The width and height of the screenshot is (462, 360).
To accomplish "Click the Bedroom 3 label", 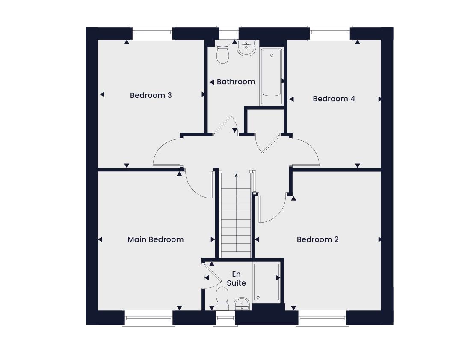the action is pos(151,95).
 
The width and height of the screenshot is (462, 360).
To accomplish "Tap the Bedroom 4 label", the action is pos(334,99).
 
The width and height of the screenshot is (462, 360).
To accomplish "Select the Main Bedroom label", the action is pos(156,239).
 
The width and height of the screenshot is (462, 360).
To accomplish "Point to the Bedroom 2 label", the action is pos(317,239).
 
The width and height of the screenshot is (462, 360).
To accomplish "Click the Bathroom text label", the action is pos(236,82).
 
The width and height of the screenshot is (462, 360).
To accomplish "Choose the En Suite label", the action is pos(236,278).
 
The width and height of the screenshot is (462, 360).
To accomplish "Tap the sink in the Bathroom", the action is pos(247,48).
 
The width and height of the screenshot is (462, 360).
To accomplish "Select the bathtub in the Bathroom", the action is pos(271,77).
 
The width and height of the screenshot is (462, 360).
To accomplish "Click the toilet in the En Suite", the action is pos(222,298).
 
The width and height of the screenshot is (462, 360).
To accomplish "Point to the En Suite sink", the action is pos(242,304).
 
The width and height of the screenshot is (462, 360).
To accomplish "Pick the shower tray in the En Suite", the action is pos(267,282).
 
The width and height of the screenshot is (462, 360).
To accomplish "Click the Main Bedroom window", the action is pos(148,318).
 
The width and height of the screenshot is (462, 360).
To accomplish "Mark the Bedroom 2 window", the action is pos(323,318).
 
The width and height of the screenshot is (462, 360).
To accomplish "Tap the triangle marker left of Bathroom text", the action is pos(212,82).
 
